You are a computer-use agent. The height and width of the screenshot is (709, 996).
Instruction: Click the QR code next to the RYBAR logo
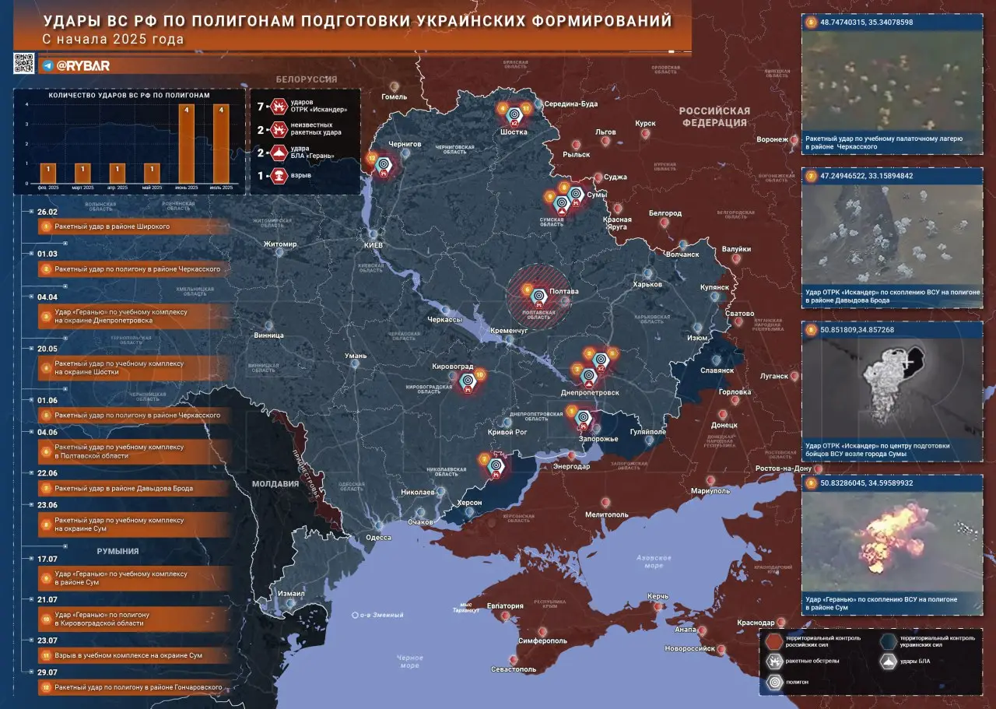click(x=24, y=64)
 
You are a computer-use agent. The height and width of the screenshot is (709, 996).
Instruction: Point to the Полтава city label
click(x=563, y=292)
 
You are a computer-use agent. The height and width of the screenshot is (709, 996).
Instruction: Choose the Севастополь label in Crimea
click(x=513, y=669)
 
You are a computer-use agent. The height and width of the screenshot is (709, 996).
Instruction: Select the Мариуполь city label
click(x=710, y=492)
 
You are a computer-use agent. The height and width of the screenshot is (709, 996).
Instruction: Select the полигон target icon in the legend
click(x=774, y=681)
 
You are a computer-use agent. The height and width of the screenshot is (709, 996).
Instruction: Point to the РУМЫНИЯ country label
click(x=117, y=551)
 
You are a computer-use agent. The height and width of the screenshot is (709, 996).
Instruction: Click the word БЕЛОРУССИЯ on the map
click(x=306, y=79)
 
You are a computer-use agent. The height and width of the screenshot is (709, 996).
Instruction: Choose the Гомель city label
click(x=394, y=97)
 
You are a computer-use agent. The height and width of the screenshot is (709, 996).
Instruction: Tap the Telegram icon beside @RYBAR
click(x=47, y=66)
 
